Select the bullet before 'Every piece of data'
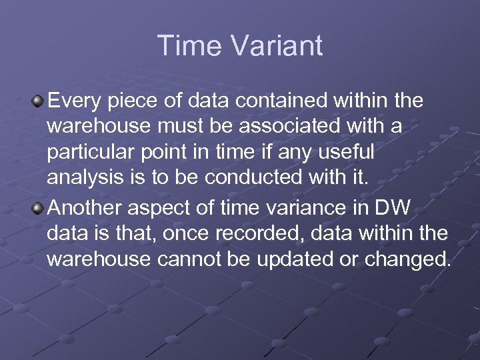39,101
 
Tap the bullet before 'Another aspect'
39,208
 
